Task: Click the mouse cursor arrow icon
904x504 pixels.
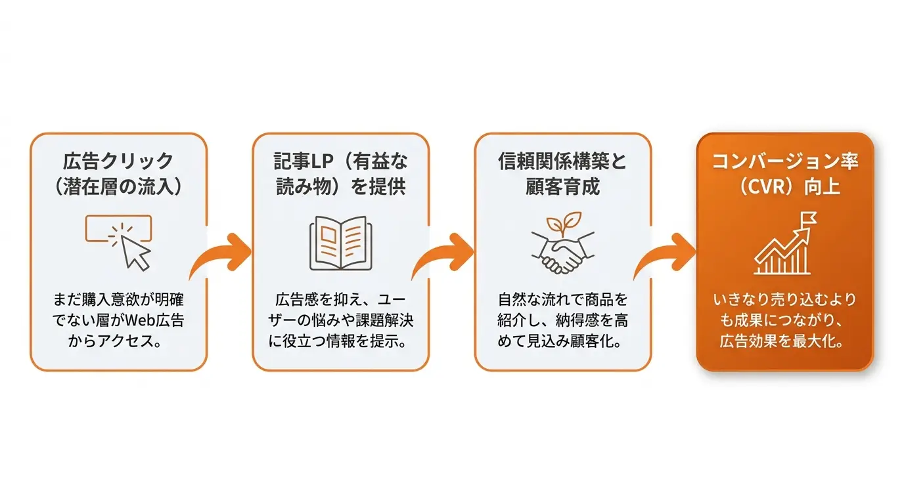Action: pos(135,253)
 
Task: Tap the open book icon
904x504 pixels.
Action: pos(340,243)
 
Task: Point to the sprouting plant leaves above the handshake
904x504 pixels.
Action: pos(564,223)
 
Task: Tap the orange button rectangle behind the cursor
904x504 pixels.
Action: pos(118,228)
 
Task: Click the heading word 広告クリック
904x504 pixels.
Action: pos(118,161)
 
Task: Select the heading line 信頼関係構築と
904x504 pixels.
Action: pos(562,161)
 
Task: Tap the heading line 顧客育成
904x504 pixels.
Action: pos(562,186)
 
